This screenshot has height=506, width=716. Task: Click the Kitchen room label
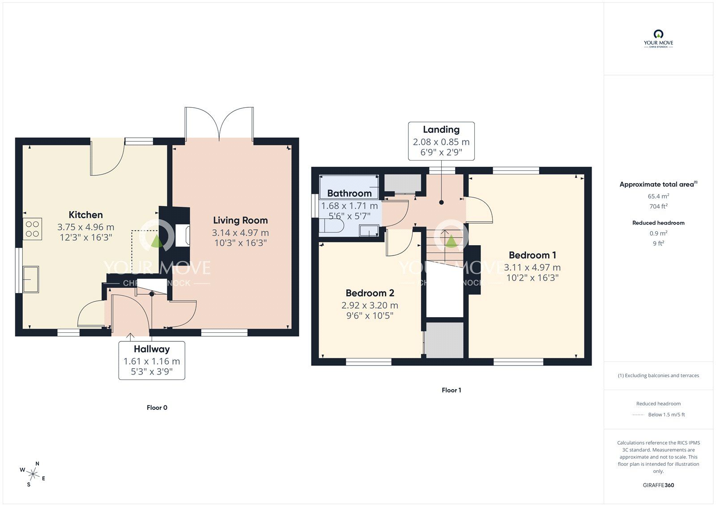click(x=85, y=214)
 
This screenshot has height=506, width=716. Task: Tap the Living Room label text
click(x=240, y=220)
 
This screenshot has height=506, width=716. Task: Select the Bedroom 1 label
click(x=532, y=255)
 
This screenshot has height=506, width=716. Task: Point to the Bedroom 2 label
click(x=370, y=293)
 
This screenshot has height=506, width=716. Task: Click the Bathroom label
click(x=349, y=193)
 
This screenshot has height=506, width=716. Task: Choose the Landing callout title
click(x=441, y=129)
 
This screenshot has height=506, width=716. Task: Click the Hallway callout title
click(x=152, y=349)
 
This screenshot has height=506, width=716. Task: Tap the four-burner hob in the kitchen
click(x=32, y=229)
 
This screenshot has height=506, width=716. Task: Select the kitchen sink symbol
click(x=31, y=279)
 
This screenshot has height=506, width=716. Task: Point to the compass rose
click(x=33, y=474)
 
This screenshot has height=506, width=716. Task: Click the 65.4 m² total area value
click(x=658, y=196)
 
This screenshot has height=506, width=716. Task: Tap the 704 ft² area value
click(x=658, y=206)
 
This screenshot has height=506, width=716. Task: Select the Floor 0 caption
click(x=157, y=408)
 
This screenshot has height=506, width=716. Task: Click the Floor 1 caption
click(x=451, y=390)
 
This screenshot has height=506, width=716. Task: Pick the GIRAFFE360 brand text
click(x=658, y=485)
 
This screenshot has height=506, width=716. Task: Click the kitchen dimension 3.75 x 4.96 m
click(x=85, y=227)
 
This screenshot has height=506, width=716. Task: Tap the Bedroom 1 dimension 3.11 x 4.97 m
click(x=532, y=267)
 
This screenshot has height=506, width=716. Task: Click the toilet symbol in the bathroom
click(x=332, y=225)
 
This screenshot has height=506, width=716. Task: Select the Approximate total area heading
click(x=658, y=184)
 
